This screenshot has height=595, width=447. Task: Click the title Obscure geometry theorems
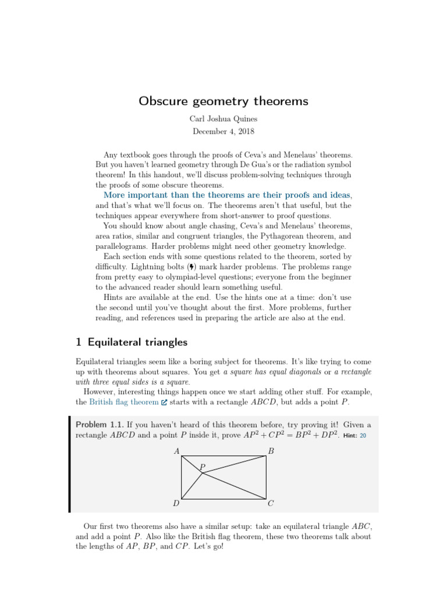(223, 102)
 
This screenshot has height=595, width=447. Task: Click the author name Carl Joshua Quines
(223, 119)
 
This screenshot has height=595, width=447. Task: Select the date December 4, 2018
(223, 131)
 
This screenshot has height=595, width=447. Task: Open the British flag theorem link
(124, 402)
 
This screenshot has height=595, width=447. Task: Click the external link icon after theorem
(164, 402)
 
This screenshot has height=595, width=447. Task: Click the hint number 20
(363, 435)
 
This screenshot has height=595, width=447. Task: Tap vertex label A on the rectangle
(176, 451)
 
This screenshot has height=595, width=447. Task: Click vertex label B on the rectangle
(271, 451)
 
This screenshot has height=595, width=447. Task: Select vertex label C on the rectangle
(271, 503)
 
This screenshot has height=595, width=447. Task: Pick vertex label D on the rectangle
(176, 503)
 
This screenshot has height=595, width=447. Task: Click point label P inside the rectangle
(203, 467)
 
